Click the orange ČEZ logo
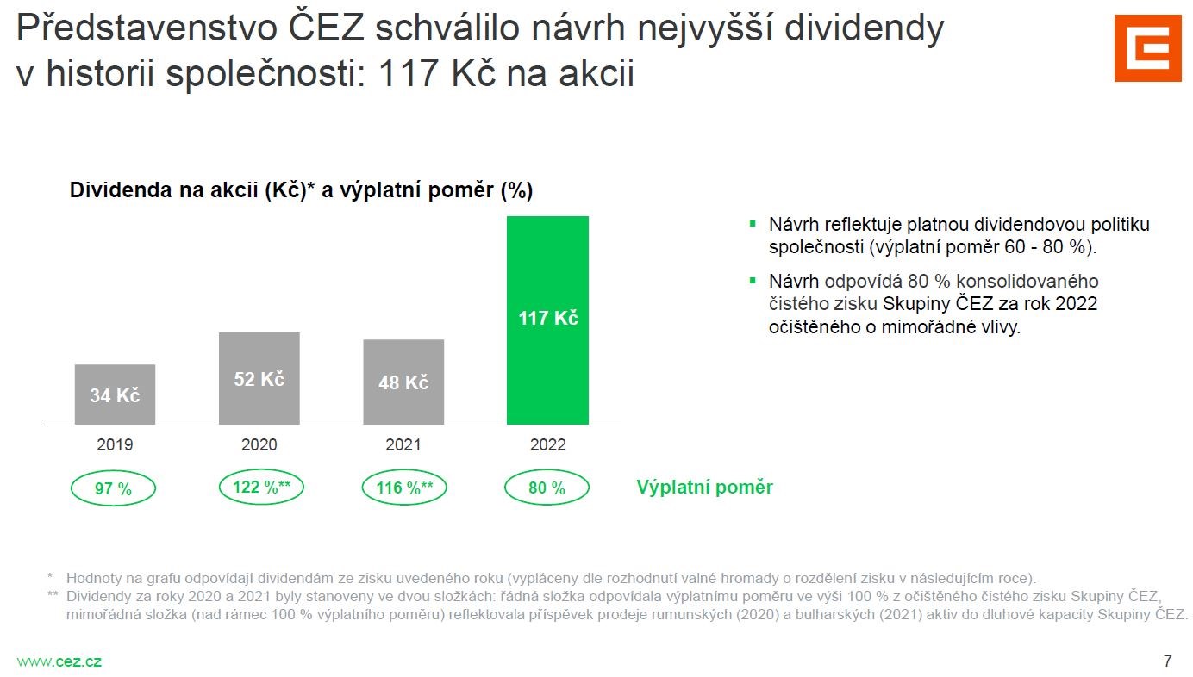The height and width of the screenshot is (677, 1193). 1147,48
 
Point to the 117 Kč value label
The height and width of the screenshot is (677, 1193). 547,318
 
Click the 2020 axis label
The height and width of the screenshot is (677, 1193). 259,444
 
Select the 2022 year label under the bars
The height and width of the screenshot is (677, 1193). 547,444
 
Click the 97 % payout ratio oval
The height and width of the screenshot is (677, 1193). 113,488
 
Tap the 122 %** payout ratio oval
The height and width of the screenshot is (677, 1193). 261,488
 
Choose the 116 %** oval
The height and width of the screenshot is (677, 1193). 403,488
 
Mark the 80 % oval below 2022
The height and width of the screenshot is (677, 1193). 547,488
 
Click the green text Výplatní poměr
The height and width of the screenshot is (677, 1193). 704,488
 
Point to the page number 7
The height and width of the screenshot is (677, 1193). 1167,661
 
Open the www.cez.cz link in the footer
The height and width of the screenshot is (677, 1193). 59,661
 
